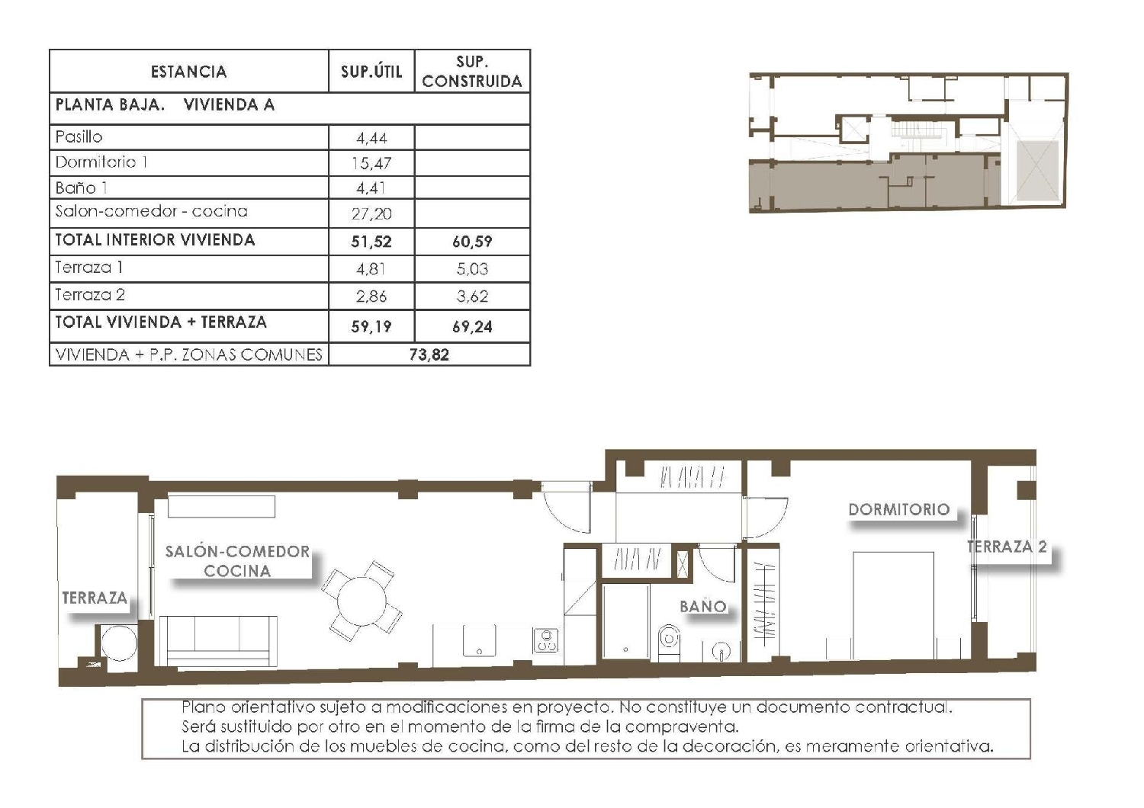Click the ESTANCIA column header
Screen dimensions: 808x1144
point(188,72)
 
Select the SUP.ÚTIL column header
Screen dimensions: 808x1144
point(371,72)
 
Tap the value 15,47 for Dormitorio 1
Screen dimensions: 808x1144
point(371,163)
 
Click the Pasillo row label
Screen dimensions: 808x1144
point(79,137)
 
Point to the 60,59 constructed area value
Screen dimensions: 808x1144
point(472,242)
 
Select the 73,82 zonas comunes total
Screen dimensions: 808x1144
point(429,354)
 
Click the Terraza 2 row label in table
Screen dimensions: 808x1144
point(90,295)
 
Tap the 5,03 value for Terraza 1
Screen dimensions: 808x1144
point(472,269)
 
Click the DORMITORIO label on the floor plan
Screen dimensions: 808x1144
point(899,509)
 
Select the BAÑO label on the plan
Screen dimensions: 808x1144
point(702,607)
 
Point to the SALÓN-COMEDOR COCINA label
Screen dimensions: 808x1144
point(237,561)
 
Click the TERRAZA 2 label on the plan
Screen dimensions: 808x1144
point(1007,547)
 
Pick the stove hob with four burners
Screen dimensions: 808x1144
point(545,640)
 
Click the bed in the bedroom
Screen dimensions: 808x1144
point(893,606)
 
